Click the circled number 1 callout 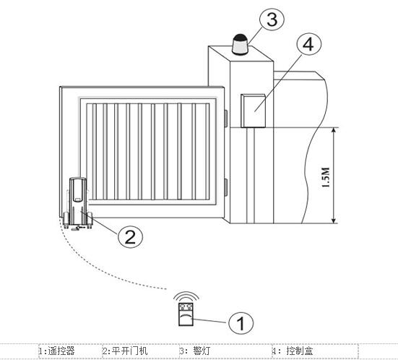(241, 323)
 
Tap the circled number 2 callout (131, 236)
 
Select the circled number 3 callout (272, 19)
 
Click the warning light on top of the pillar (240, 45)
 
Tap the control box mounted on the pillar (253, 111)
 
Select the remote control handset (186, 314)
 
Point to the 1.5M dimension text (325, 177)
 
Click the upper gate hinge (225, 118)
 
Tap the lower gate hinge (225, 187)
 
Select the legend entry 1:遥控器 (56, 351)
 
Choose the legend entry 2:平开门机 (125, 351)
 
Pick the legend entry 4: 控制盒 (293, 351)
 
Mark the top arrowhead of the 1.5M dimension (334, 130)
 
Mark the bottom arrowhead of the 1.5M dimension (334, 220)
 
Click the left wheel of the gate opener (66, 220)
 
